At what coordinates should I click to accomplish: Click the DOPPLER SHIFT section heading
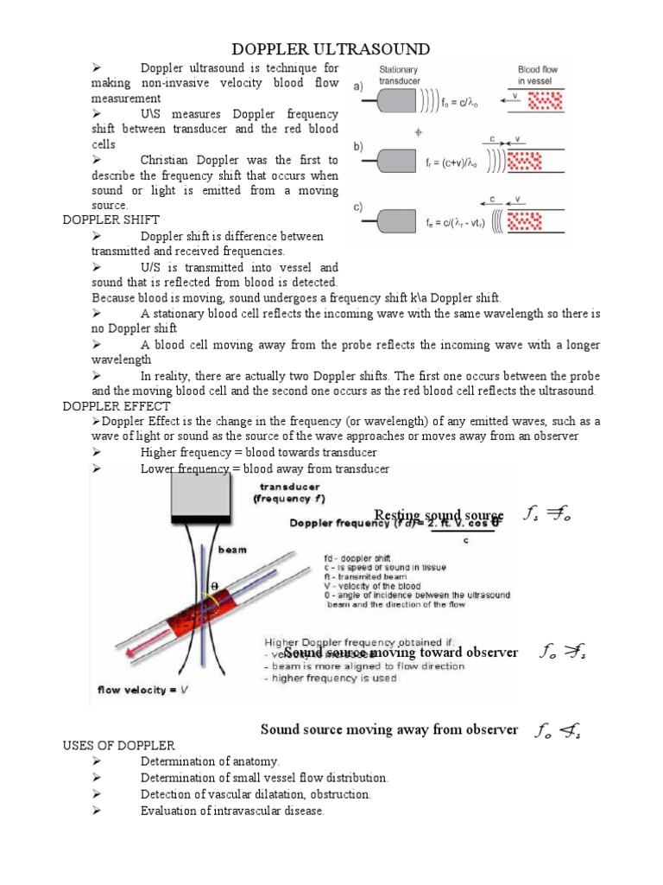110,220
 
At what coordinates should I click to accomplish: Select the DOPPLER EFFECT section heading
117,405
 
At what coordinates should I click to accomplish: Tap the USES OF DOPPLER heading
119,745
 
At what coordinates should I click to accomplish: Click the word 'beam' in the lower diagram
231,550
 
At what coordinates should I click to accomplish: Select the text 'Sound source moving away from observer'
388,729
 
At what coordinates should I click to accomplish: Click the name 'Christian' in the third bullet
172,161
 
